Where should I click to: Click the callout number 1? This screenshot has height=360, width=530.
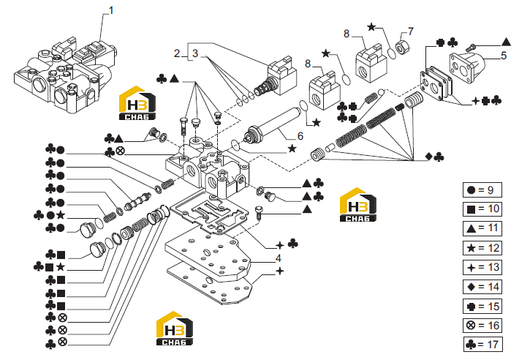pos(111,10)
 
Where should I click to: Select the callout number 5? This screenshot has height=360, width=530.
pos(504,56)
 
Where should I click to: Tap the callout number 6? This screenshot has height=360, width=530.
pos(300,136)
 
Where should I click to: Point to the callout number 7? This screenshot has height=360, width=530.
pos(411,31)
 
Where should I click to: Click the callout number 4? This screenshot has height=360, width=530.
pos(279,258)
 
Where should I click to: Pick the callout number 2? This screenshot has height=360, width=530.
pos(177,53)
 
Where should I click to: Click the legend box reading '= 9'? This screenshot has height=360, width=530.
pos(482,190)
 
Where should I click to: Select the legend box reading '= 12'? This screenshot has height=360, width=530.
pos(482,248)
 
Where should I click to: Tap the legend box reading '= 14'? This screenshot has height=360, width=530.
pos(482,287)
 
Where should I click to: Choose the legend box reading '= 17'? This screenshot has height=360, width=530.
pos(483,345)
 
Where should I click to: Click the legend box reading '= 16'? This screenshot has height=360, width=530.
pos(482,326)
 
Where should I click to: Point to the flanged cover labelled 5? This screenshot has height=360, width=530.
pos(467,67)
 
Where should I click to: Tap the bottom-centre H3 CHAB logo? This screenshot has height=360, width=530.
pos(175,329)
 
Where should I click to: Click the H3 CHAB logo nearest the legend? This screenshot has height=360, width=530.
pos(358,205)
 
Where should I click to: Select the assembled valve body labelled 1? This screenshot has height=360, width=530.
pos(64,77)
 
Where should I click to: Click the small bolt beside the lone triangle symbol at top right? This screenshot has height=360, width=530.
pos(471,48)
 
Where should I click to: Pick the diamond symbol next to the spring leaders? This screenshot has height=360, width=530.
pos(428,157)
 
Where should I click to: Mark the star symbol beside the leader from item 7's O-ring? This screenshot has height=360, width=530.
pos(371,27)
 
